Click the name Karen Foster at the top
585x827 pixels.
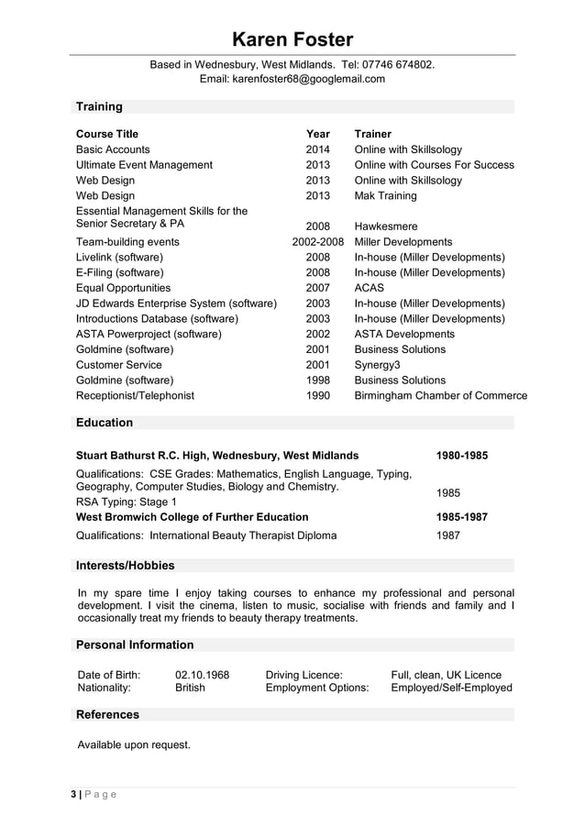[292, 39]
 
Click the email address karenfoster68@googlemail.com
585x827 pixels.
[292, 79]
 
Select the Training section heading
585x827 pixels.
[99, 106]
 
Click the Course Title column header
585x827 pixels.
[107, 134]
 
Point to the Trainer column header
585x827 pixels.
[372, 134]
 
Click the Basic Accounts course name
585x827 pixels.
[113, 149]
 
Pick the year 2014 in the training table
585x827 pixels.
[317, 149]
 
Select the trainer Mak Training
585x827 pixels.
[385, 195]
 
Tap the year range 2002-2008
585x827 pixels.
[317, 242]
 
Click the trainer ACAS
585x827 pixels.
[370, 288]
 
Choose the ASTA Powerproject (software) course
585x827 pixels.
[149, 334]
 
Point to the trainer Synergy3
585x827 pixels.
[377, 365]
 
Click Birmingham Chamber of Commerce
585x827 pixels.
[440, 396]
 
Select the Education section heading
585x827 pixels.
[105, 423]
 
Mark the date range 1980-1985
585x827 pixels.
[461, 456]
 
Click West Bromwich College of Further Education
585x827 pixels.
[192, 517]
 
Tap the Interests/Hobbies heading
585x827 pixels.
[125, 565]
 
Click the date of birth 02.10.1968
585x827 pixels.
[202, 675]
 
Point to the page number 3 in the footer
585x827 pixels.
[74, 794]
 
